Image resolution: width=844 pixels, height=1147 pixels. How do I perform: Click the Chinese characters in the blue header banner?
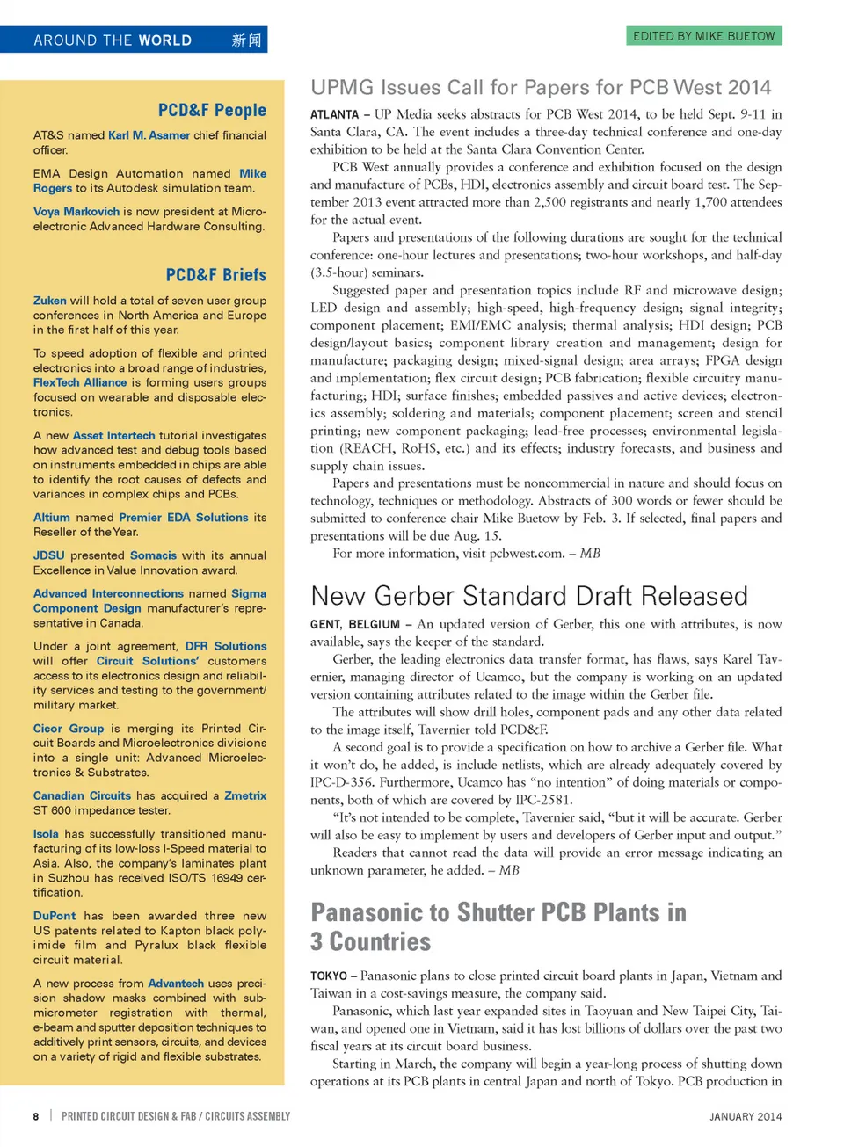(x=246, y=40)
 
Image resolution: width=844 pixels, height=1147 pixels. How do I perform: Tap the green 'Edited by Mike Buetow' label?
(x=704, y=36)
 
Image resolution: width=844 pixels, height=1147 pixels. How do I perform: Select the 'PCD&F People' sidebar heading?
(x=212, y=110)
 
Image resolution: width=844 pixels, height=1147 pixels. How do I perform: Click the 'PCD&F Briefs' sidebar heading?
(x=215, y=274)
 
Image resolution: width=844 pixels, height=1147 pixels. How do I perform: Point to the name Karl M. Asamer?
(x=149, y=135)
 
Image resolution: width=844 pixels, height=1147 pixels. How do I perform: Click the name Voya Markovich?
(x=76, y=212)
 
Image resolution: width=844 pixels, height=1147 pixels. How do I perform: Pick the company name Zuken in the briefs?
(x=50, y=301)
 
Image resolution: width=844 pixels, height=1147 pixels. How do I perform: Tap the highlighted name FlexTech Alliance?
(x=80, y=382)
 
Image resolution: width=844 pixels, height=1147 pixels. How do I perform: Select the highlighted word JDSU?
(x=49, y=555)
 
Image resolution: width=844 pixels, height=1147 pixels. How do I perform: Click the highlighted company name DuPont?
(x=55, y=916)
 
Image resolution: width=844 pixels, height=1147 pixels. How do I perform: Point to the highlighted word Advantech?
(x=176, y=984)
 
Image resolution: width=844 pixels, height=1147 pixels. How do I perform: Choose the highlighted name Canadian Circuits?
(x=82, y=795)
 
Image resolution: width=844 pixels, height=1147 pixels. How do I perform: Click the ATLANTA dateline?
(x=334, y=114)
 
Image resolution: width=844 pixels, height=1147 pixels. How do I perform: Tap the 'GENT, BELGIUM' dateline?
(x=354, y=625)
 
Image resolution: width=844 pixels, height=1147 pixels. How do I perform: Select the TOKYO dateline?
(x=329, y=976)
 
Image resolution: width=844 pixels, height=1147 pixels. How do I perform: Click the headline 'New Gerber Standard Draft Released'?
(x=529, y=596)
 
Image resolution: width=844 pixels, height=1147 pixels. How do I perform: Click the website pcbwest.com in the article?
(x=526, y=554)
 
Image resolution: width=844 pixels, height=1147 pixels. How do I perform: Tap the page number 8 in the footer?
(x=36, y=1116)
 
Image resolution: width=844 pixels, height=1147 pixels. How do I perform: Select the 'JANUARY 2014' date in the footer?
(x=746, y=1116)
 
